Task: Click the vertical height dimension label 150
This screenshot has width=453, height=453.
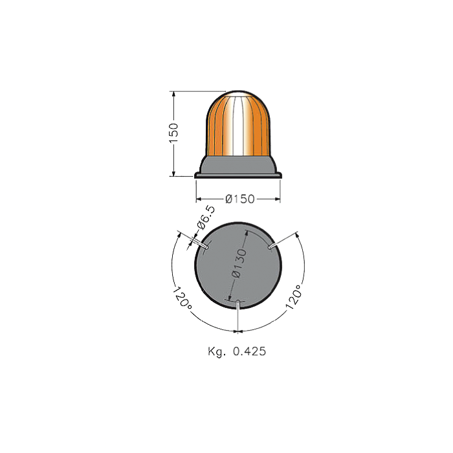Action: tap(173, 133)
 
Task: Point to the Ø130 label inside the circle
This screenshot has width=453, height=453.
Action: tap(238, 263)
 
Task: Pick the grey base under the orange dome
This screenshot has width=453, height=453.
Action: tap(239, 165)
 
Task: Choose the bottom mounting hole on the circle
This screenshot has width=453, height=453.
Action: tap(239, 302)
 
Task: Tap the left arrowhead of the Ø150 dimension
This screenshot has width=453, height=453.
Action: tap(198, 199)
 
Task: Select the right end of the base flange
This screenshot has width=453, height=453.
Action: tap(280, 174)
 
